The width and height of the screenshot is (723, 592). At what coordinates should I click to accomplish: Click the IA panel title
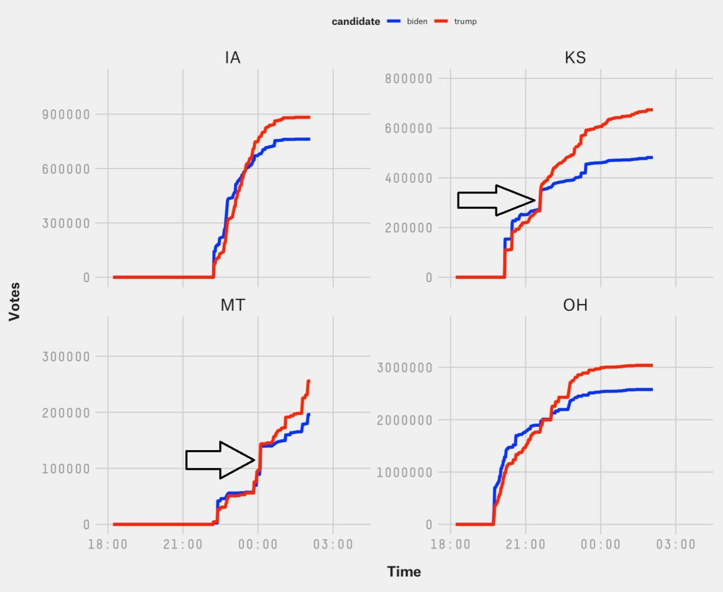(x=233, y=58)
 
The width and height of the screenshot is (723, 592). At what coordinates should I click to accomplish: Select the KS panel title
(x=575, y=58)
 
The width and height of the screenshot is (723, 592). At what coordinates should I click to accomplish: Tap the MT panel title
(x=233, y=305)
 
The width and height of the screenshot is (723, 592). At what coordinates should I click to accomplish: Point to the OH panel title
(x=575, y=305)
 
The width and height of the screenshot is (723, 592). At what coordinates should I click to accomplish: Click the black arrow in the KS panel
(x=496, y=200)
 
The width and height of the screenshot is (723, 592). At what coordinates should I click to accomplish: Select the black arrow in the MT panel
(x=220, y=460)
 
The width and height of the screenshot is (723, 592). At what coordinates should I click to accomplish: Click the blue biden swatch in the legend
(x=394, y=21)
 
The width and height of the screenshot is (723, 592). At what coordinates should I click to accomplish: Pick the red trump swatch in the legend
(x=441, y=21)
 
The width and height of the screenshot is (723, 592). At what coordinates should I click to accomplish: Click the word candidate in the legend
(x=356, y=21)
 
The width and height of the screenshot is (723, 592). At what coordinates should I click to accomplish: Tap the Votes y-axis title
(x=14, y=302)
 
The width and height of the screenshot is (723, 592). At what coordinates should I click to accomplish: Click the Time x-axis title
(x=404, y=572)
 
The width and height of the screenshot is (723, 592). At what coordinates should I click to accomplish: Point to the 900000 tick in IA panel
(x=66, y=115)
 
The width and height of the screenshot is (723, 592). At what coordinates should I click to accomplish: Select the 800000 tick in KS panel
(x=408, y=79)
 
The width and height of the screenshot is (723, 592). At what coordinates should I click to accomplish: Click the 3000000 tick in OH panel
(x=404, y=368)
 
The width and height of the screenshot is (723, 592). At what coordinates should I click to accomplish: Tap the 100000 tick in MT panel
(x=66, y=469)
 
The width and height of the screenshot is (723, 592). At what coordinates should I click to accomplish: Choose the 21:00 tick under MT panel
(x=182, y=545)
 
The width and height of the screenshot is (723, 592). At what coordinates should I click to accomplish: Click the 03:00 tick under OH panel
(x=676, y=545)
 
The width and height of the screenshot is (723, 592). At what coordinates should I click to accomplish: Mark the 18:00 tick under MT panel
(x=108, y=545)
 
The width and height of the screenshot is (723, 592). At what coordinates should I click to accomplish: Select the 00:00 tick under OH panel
(x=600, y=545)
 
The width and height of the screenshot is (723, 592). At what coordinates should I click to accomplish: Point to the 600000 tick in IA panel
(x=66, y=169)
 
